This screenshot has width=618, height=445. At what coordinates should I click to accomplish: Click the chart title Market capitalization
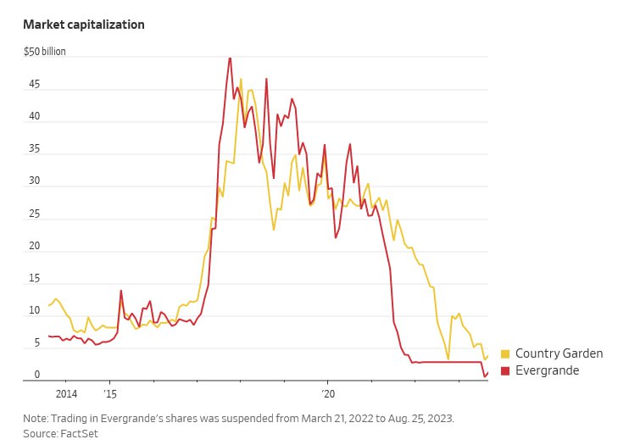(84, 25)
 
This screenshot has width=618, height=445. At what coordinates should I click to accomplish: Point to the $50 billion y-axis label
(44, 52)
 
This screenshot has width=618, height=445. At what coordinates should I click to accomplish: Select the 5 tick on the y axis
(36, 342)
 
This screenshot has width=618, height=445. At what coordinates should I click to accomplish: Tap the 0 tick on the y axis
(36, 375)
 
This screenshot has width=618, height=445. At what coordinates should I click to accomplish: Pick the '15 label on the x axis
(110, 394)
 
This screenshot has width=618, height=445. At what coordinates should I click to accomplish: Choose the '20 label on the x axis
(328, 394)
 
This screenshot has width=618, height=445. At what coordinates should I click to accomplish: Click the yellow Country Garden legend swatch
(505, 354)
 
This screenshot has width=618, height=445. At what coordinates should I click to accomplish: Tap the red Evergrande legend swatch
(505, 371)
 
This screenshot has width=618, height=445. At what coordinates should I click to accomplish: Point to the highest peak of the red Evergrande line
(230, 58)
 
